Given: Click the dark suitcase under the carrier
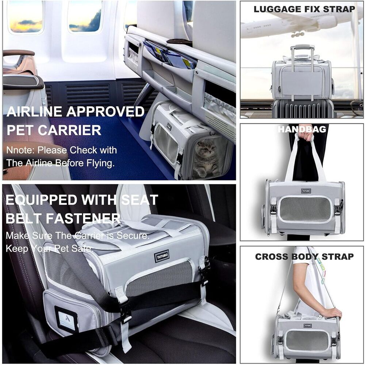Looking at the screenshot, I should click(303, 108).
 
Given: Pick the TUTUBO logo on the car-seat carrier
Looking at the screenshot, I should click(161, 255).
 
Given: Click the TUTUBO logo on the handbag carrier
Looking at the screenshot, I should click(306, 191).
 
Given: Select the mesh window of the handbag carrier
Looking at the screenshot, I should click(305, 209).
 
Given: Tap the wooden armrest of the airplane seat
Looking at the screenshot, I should click(18, 53).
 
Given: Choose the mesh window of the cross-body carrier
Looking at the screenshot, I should click(307, 340).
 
